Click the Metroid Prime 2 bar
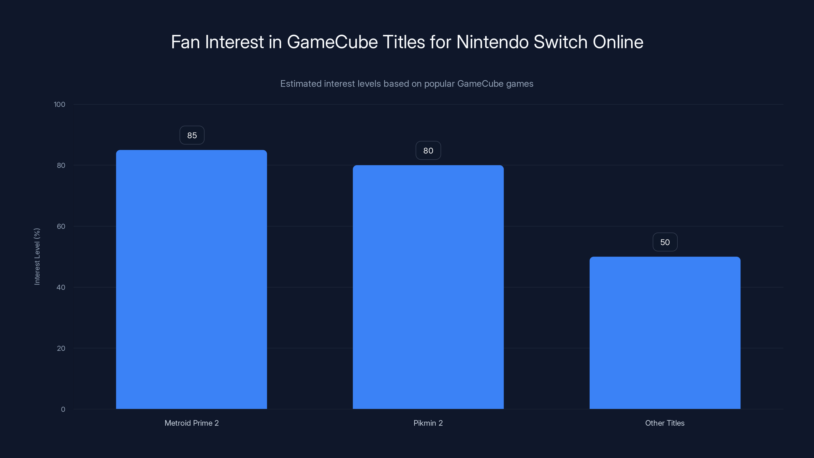coord(191,279)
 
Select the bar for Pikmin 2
coord(428,287)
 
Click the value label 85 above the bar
coord(192,135)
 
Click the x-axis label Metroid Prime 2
coord(192,423)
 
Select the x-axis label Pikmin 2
coord(428,423)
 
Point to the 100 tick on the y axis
coord(60,104)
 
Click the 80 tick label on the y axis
coord(61,165)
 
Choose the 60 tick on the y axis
coord(61,226)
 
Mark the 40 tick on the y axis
coord(61,287)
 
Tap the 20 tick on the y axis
coord(61,348)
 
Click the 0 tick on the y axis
coord(63,409)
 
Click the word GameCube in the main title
coord(332,42)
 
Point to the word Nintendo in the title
coord(492,42)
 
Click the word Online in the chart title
coord(618,42)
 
